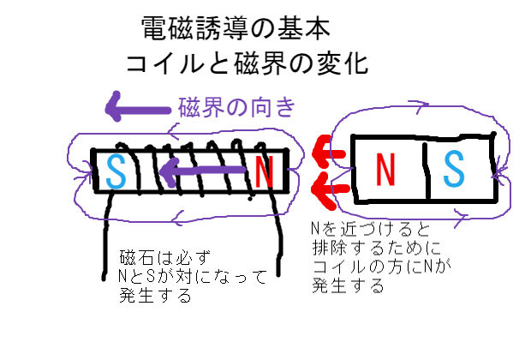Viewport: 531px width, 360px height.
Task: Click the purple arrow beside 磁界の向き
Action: coord(136,108)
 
